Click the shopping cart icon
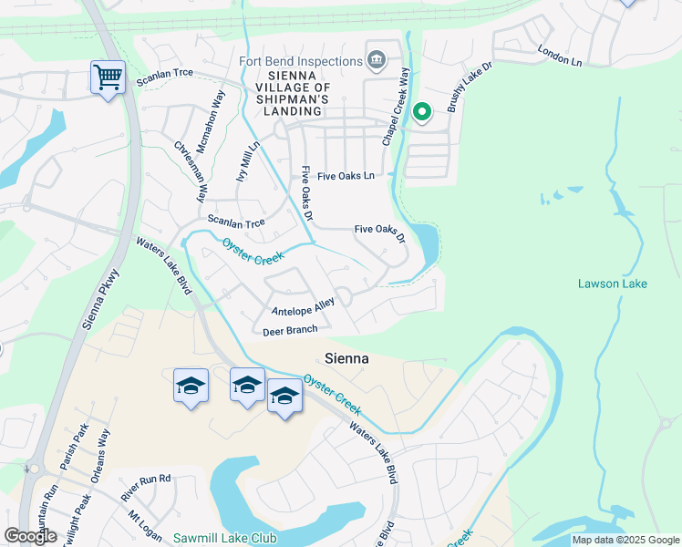tap(108, 77)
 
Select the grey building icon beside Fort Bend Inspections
tap(376, 61)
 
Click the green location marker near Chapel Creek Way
tap(421, 112)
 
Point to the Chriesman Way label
tap(191, 171)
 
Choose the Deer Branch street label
tap(290, 331)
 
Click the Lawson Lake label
tap(612, 284)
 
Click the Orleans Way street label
tap(100, 456)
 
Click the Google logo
tap(30, 536)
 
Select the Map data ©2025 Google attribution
tap(625, 540)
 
